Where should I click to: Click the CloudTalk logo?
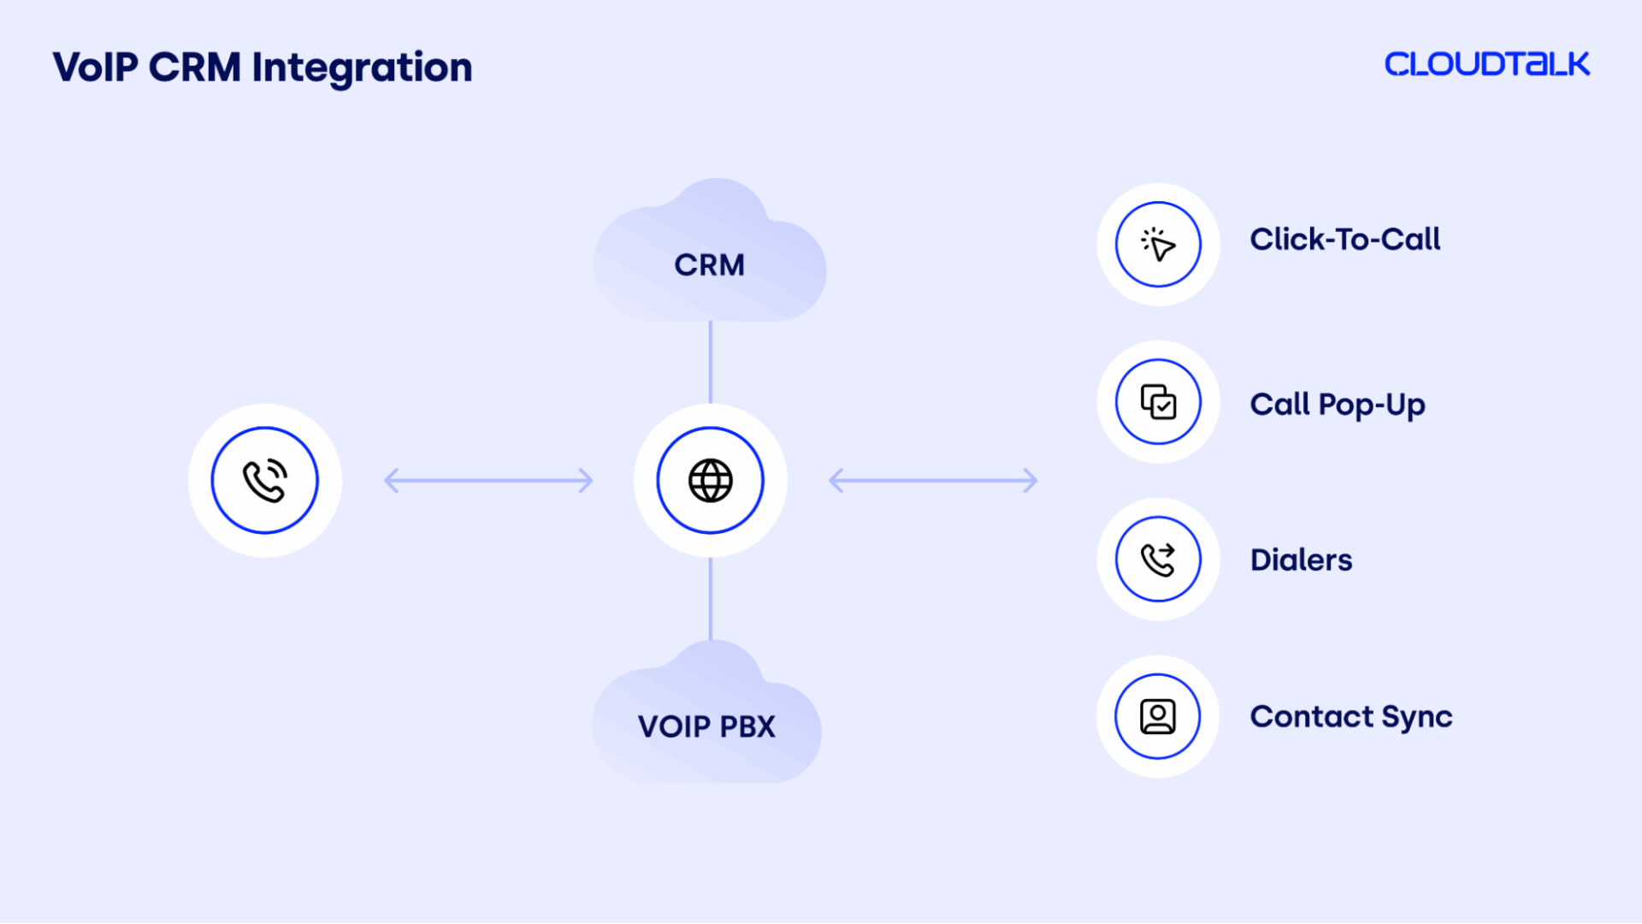pyautogui.click(x=1486, y=64)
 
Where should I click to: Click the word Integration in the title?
pyautogui.click(x=362, y=68)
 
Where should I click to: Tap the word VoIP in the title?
pyautogui.click(x=95, y=68)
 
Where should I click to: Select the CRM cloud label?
pyautogui.click(x=709, y=265)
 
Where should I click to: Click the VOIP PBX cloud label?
pyautogui.click(x=706, y=726)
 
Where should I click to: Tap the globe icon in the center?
pyautogui.click(x=710, y=480)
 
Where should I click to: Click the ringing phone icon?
pyautogui.click(x=265, y=480)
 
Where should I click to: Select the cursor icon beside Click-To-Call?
pyautogui.click(x=1158, y=245)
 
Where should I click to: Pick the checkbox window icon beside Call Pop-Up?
pyautogui.click(x=1158, y=402)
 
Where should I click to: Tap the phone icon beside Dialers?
pyautogui.click(x=1158, y=560)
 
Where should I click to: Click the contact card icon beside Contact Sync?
pyautogui.click(x=1158, y=716)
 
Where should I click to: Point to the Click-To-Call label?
pyautogui.click(x=1344, y=240)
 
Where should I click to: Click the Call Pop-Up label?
pyautogui.click(x=1338, y=405)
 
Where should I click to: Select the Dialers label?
pyautogui.click(x=1301, y=560)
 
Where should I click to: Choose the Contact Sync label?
pyautogui.click(x=1351, y=717)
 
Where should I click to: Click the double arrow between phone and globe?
pyautogui.click(x=488, y=481)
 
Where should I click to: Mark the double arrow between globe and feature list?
pyautogui.click(x=933, y=481)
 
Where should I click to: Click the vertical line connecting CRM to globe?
pyautogui.click(x=710, y=362)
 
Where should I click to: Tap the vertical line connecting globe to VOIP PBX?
pyautogui.click(x=710, y=599)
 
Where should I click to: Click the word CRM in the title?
pyautogui.click(x=195, y=68)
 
